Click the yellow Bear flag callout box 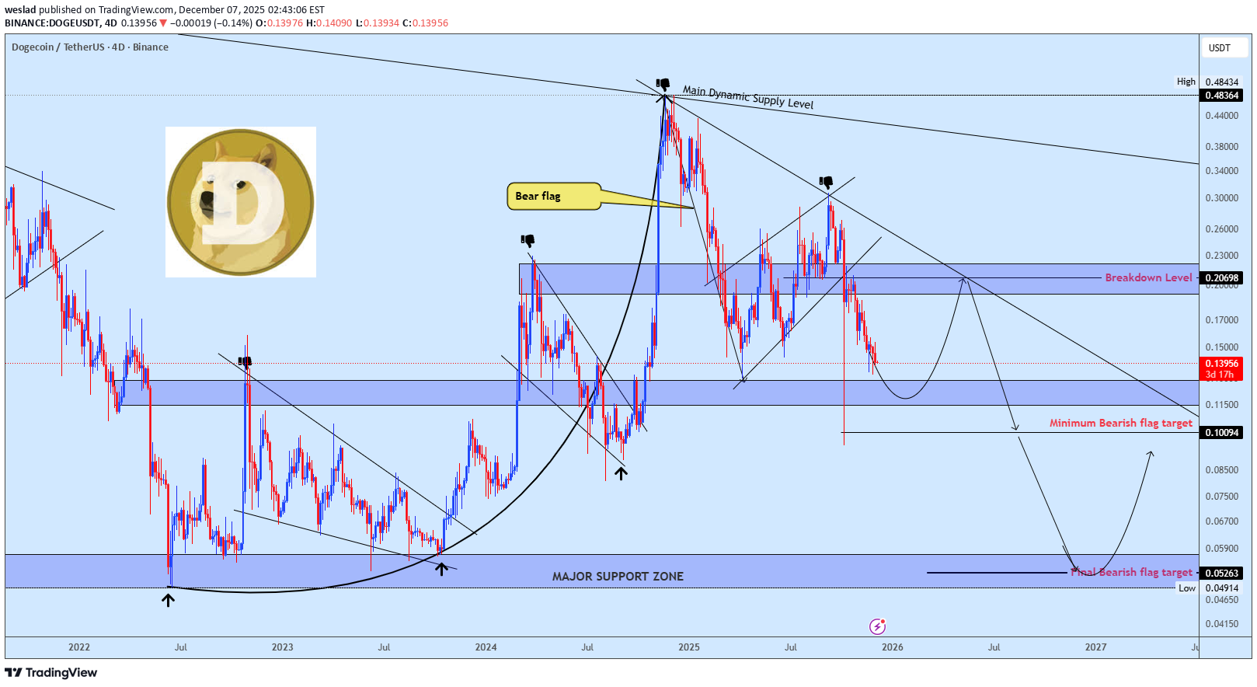(553, 197)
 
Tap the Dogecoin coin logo (241, 202)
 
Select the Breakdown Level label (1148, 277)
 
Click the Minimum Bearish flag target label (1120, 424)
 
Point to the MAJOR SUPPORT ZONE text (618, 577)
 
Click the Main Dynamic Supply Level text (747, 97)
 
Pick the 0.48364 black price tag (1222, 96)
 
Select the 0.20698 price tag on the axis (1222, 278)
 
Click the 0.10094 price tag (1222, 433)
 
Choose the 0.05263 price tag (1222, 574)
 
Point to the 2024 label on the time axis (486, 647)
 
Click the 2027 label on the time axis (1095, 647)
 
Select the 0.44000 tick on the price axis (1222, 116)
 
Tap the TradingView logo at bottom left (51, 673)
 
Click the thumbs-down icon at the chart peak (663, 84)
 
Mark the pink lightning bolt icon (878, 626)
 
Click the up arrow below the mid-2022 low (168, 599)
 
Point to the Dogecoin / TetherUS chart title (90, 47)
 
